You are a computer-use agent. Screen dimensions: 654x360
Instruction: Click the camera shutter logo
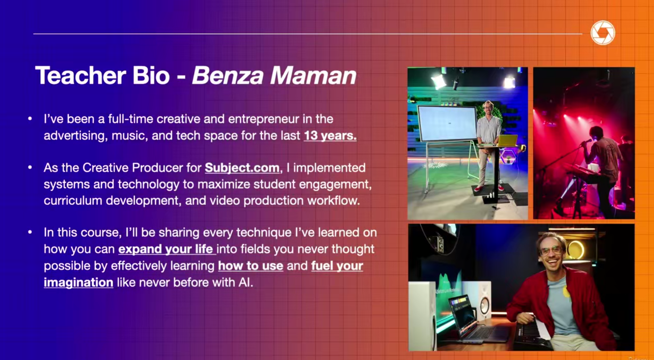[603, 33]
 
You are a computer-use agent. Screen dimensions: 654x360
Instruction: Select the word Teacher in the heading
[81, 75]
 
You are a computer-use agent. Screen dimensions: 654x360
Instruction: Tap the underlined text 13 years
[330, 136]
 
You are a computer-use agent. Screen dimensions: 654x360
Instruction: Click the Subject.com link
[242, 168]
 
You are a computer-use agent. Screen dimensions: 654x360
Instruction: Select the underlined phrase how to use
[250, 266]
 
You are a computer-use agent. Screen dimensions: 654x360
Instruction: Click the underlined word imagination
[79, 283]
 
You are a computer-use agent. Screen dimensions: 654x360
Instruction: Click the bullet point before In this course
[30, 232]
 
